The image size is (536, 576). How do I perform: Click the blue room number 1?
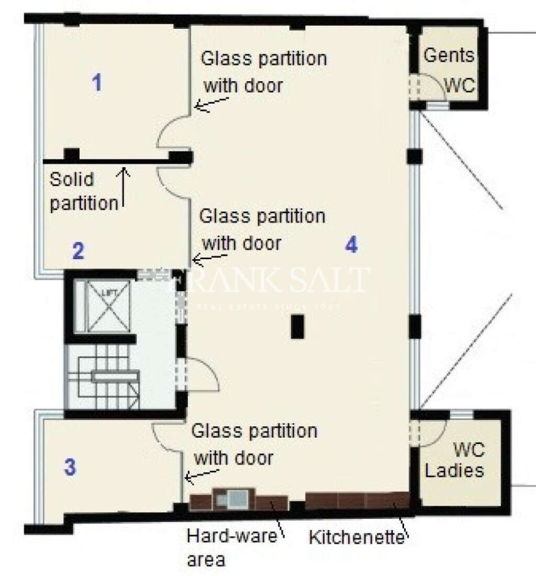click(97, 84)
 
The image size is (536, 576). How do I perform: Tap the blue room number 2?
click(78, 251)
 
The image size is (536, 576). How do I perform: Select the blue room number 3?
click(69, 467)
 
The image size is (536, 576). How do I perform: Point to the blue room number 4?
click(351, 245)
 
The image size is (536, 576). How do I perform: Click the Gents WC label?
click(449, 70)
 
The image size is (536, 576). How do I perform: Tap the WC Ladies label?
click(454, 460)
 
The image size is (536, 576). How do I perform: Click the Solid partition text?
click(79, 192)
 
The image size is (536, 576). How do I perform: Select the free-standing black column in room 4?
click(297, 327)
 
